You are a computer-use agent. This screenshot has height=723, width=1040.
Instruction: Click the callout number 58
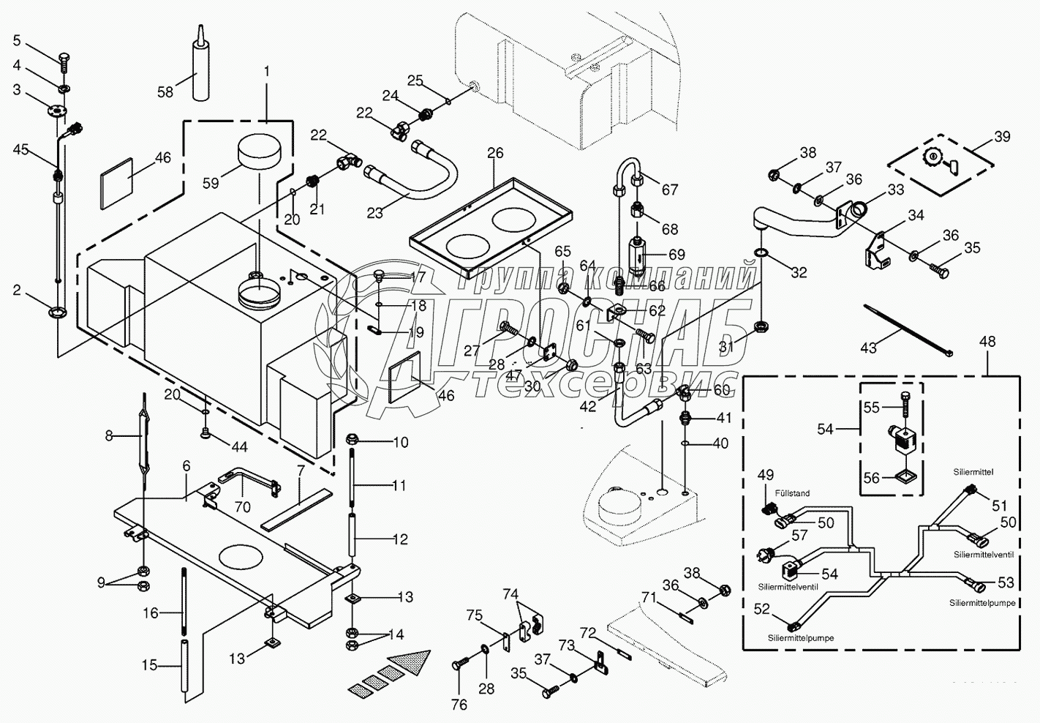click(x=166, y=91)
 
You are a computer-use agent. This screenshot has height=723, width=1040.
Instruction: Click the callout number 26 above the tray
click(x=495, y=153)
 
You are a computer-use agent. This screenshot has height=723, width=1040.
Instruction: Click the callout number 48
click(x=987, y=341)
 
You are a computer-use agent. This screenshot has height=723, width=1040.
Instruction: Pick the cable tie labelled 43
click(x=907, y=331)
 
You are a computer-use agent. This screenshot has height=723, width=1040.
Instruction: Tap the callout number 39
click(x=1002, y=137)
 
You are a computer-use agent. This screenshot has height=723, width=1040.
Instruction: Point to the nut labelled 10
click(x=351, y=440)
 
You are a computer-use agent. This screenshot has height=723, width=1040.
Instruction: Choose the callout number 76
click(x=459, y=705)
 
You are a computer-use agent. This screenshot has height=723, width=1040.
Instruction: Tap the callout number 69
click(x=677, y=255)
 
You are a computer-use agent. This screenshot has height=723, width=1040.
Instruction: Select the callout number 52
click(x=762, y=608)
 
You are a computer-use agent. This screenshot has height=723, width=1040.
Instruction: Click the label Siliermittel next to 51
click(x=973, y=473)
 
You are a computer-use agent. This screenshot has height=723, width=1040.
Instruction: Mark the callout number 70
click(x=242, y=506)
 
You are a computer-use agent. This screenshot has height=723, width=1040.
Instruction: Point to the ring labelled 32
click(x=761, y=253)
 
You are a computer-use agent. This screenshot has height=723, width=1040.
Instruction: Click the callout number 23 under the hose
click(x=374, y=213)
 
